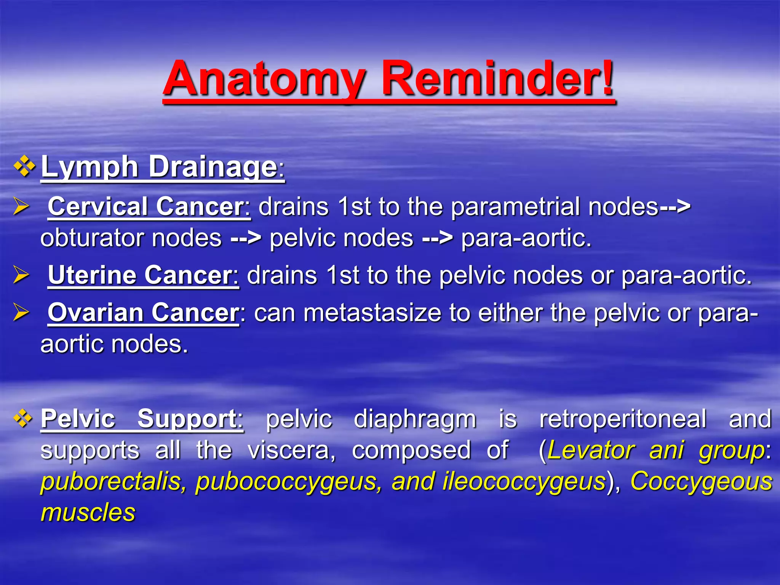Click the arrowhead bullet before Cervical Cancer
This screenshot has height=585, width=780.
coord(21,206)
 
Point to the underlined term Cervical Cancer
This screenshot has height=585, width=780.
coord(149,206)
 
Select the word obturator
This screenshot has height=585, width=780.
coord(91,238)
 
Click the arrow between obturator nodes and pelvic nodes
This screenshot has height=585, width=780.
coord(246,238)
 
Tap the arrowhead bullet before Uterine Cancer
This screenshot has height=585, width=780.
coord(21,275)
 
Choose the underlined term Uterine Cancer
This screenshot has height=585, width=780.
coord(143,275)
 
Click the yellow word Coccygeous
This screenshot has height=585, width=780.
coord(701,481)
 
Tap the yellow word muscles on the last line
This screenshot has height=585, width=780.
coord(88,512)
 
